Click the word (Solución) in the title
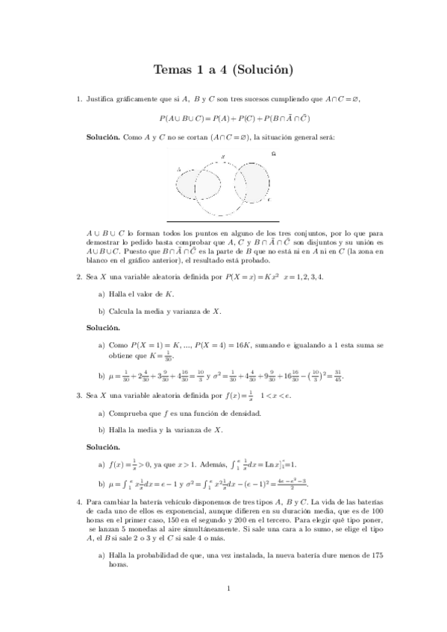(x=260, y=71)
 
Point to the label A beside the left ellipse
(x=178, y=170)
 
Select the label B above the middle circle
(x=224, y=157)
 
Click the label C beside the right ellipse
(x=269, y=200)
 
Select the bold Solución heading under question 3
(x=103, y=446)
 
